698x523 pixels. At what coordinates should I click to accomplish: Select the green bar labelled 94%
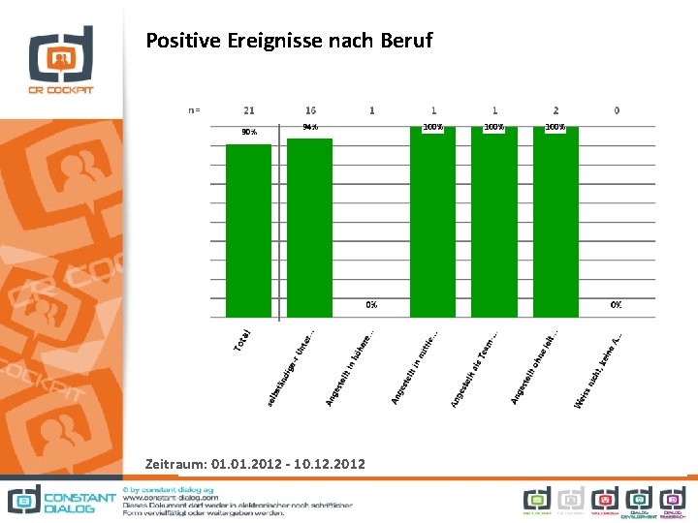310,228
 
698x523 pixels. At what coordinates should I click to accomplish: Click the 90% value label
249,132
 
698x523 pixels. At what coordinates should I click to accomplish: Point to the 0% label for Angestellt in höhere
371,305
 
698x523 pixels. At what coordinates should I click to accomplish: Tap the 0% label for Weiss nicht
617,305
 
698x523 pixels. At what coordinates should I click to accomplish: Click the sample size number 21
249,110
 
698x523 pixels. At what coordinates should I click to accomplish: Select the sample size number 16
310,110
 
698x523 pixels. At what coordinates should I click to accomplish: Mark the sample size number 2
555,110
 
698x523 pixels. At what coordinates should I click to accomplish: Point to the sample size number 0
617,110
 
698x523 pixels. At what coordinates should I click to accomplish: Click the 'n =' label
194,110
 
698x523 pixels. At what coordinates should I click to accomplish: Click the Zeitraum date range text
255,464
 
